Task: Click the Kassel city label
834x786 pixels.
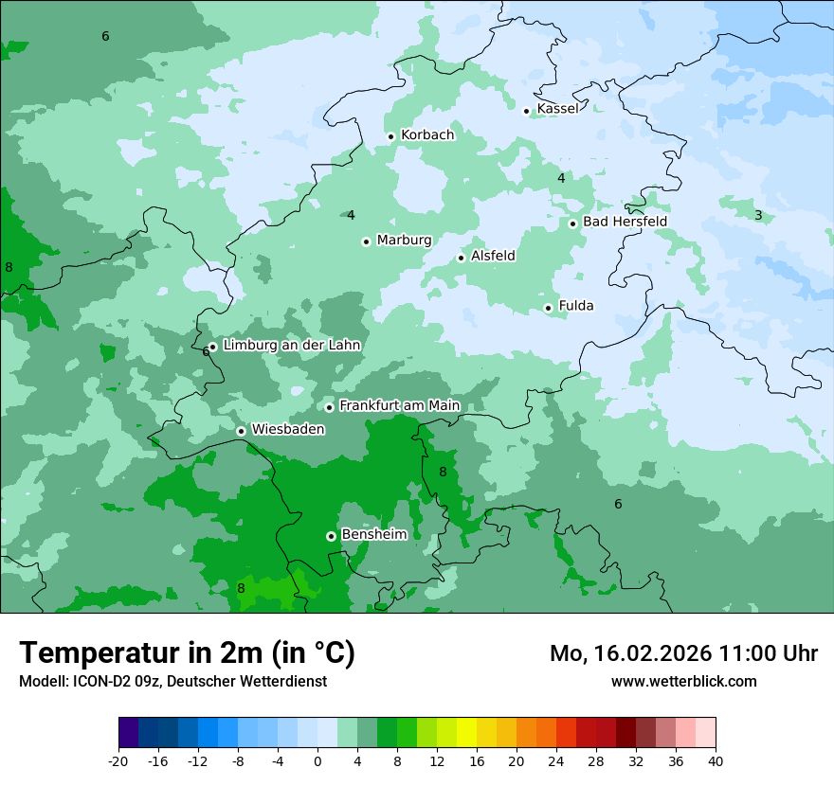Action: [x=557, y=109]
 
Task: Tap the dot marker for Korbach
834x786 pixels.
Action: [x=390, y=136]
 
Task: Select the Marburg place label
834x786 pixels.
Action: [x=404, y=241]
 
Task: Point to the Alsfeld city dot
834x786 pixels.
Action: [x=462, y=258]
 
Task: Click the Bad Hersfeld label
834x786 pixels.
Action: [x=625, y=222]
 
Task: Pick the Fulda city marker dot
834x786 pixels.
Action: [x=548, y=308]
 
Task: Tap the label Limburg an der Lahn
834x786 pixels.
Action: [x=292, y=346]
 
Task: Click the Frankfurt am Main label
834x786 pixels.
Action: [x=399, y=405]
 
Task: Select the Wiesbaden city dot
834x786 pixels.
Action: [x=242, y=431]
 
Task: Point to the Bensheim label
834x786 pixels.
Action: [x=373, y=534]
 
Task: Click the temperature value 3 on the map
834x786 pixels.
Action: [x=758, y=216]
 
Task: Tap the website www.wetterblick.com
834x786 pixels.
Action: [x=683, y=681]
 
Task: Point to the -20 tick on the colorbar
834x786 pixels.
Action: [x=118, y=760]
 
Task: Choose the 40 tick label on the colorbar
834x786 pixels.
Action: [x=715, y=760]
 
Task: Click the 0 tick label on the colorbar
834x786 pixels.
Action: [x=317, y=760]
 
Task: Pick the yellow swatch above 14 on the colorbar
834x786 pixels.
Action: [x=466, y=733]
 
